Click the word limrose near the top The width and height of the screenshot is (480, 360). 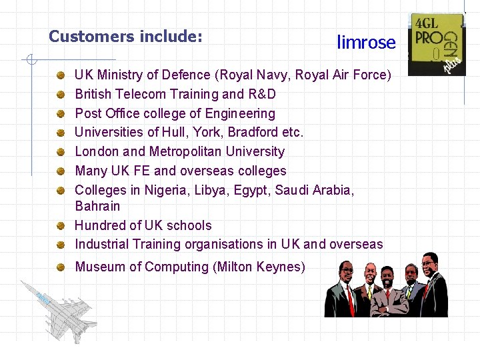(366, 43)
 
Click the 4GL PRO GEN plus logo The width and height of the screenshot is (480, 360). (437, 44)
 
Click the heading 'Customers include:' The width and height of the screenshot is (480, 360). (125, 36)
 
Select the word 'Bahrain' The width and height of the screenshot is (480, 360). (97, 206)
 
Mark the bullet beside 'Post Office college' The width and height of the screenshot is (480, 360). (61, 114)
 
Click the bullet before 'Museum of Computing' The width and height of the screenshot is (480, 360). (61, 267)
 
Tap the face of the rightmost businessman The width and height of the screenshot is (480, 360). (431, 263)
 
